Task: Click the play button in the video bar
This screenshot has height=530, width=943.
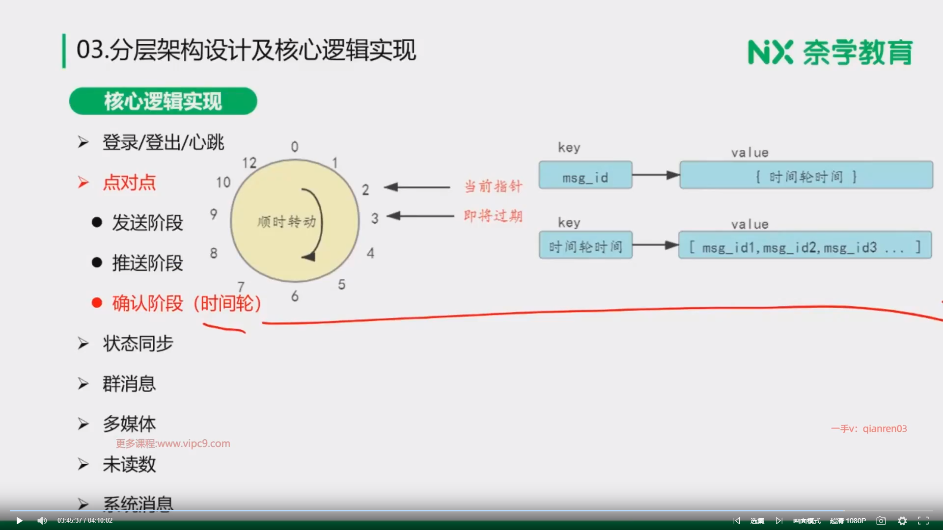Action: (19, 521)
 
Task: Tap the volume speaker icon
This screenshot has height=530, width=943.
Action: (42, 521)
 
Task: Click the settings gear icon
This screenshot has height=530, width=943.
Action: (902, 521)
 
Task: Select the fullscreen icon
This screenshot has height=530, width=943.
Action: (923, 521)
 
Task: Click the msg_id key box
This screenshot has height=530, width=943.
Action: (585, 175)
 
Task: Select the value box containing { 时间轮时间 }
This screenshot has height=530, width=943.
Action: (806, 175)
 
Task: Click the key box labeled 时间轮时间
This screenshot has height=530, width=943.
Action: (585, 245)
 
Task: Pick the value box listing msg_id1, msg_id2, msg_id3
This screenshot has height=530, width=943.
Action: (805, 245)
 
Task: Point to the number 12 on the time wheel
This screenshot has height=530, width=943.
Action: (249, 163)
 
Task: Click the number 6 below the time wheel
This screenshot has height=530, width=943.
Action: (295, 296)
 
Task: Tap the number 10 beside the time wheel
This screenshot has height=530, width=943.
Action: (223, 183)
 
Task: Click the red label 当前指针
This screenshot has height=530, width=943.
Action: (493, 186)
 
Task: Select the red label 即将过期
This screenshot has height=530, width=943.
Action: (493, 216)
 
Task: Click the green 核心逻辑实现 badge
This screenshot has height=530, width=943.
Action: (163, 101)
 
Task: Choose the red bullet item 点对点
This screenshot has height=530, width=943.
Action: (129, 183)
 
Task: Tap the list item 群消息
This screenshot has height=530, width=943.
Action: (129, 384)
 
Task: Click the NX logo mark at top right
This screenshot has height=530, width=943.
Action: (770, 52)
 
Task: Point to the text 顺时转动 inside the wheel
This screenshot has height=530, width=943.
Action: (287, 222)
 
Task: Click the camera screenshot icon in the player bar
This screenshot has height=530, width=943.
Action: (881, 521)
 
